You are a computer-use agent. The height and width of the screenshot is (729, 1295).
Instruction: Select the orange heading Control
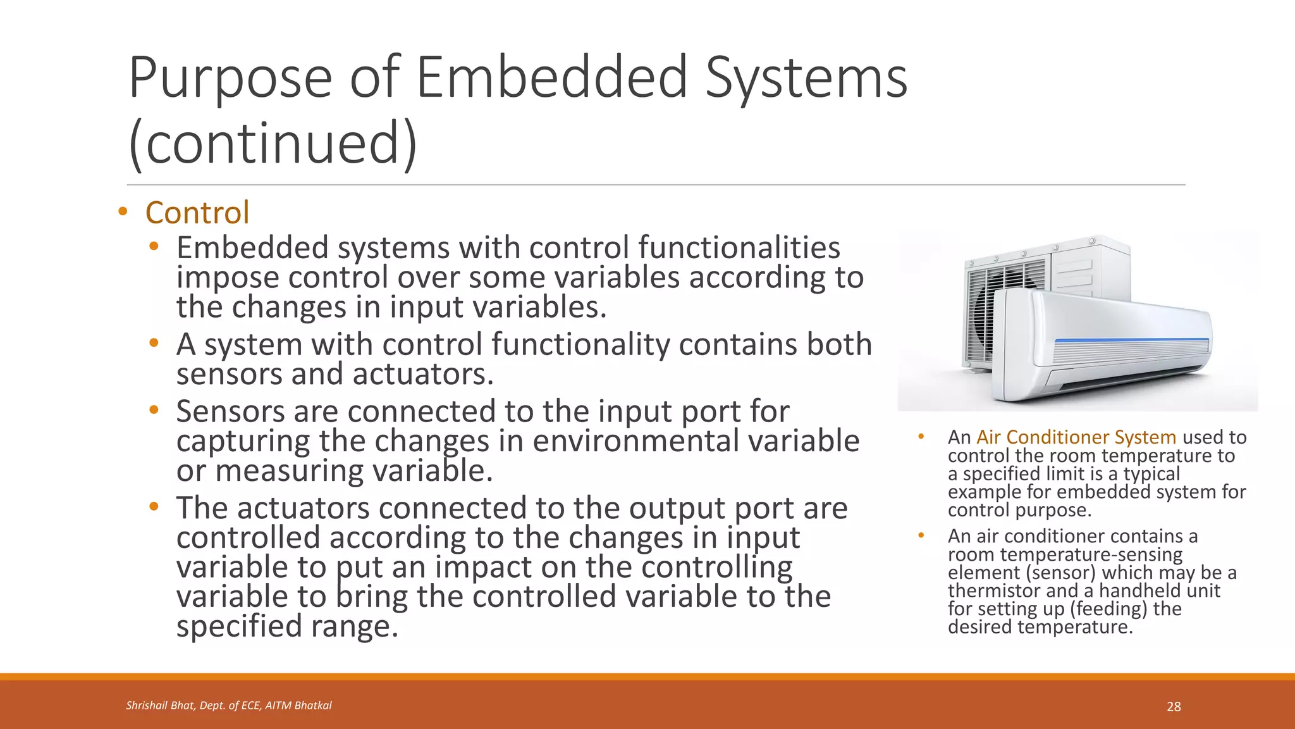click(x=197, y=213)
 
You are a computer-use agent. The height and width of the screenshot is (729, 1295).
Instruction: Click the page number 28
click(x=1174, y=707)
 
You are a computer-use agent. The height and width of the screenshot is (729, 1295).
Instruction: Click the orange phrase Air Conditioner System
click(x=1076, y=437)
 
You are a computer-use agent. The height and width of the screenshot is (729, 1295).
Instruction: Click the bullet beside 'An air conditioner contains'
click(x=921, y=536)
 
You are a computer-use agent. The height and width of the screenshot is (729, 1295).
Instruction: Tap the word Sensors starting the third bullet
click(x=230, y=411)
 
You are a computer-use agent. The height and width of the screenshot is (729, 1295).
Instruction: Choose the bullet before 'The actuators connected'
click(x=154, y=507)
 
